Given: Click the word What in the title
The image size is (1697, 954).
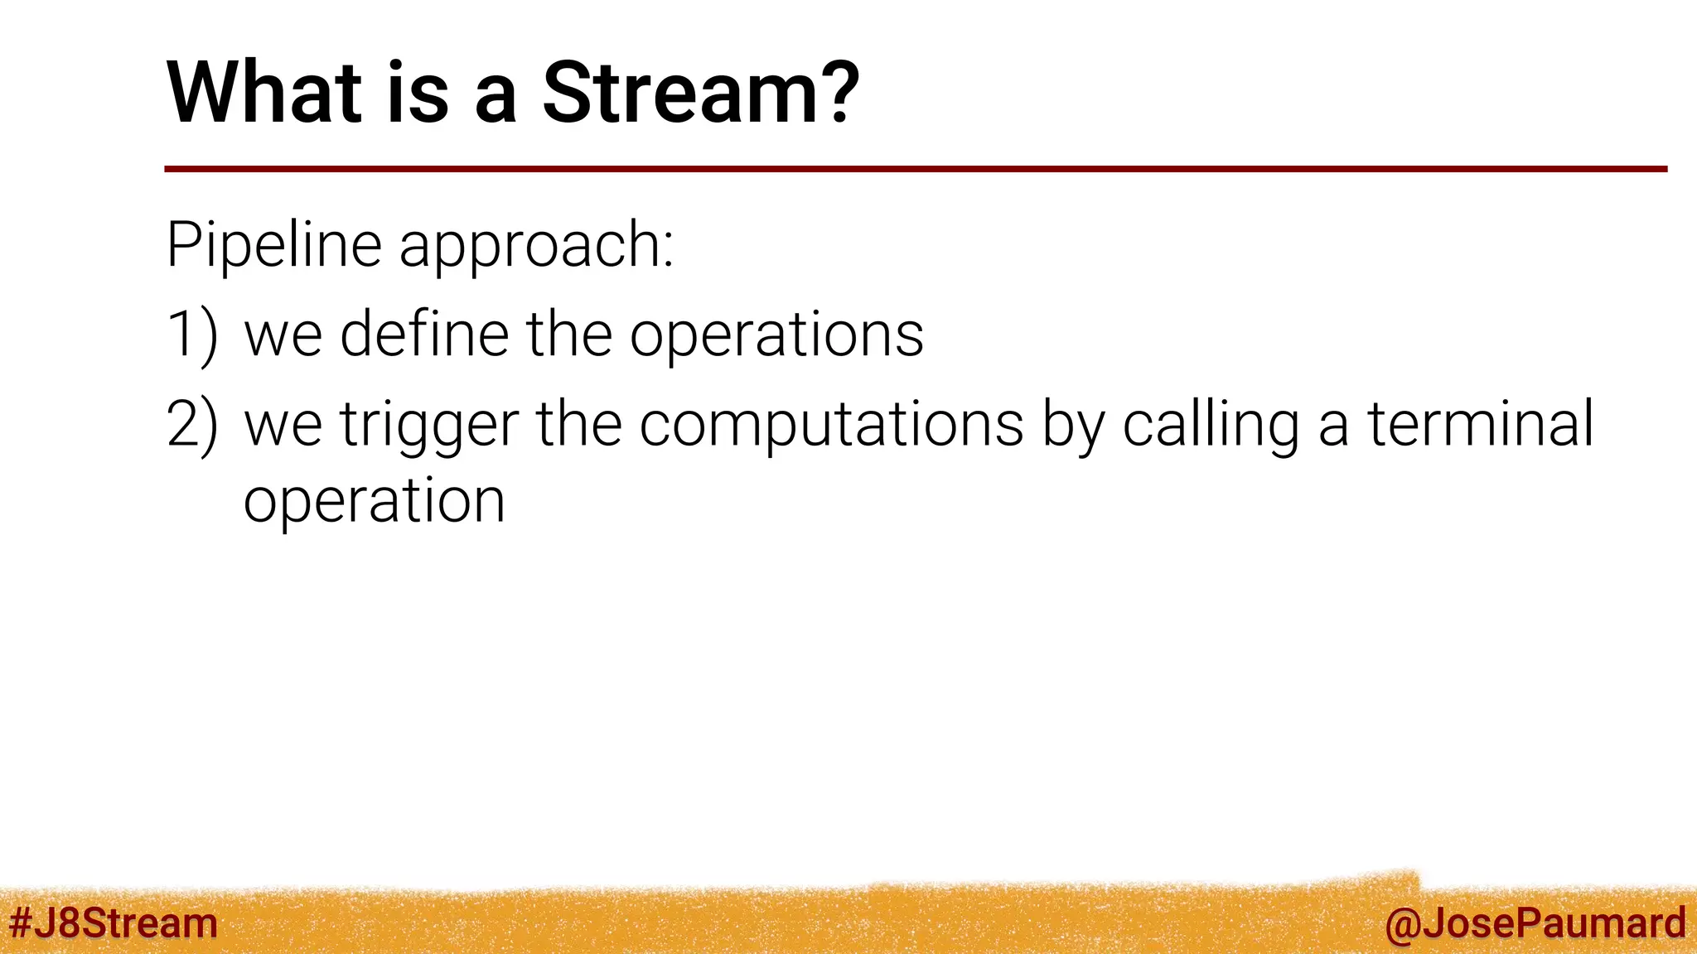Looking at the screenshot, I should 264,93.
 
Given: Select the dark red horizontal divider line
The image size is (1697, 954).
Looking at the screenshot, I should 915,169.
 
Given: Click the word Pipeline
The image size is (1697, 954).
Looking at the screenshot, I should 273,245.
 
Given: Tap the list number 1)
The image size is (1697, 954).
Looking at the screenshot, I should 191,335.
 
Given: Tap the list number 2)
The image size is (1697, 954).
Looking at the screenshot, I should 191,424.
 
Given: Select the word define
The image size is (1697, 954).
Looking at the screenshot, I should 424,334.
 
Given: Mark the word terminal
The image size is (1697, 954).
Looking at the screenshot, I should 1480,424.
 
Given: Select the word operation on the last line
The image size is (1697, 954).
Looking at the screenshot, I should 374,503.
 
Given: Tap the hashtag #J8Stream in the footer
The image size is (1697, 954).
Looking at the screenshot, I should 113,923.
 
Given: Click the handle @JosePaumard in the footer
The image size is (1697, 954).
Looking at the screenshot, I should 1535,923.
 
